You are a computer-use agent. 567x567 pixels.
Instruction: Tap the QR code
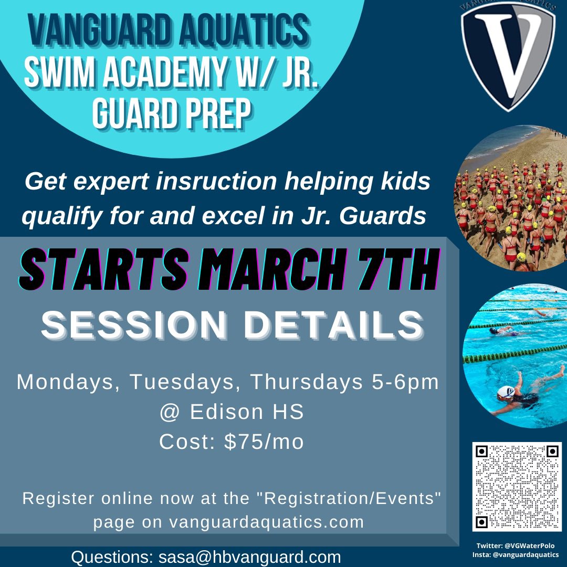click(x=517, y=486)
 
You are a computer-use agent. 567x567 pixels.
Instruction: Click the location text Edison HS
click(x=247, y=412)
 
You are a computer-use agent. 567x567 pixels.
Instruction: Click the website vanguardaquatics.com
click(x=267, y=522)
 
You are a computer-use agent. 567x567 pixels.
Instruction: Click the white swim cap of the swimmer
click(x=505, y=391)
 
